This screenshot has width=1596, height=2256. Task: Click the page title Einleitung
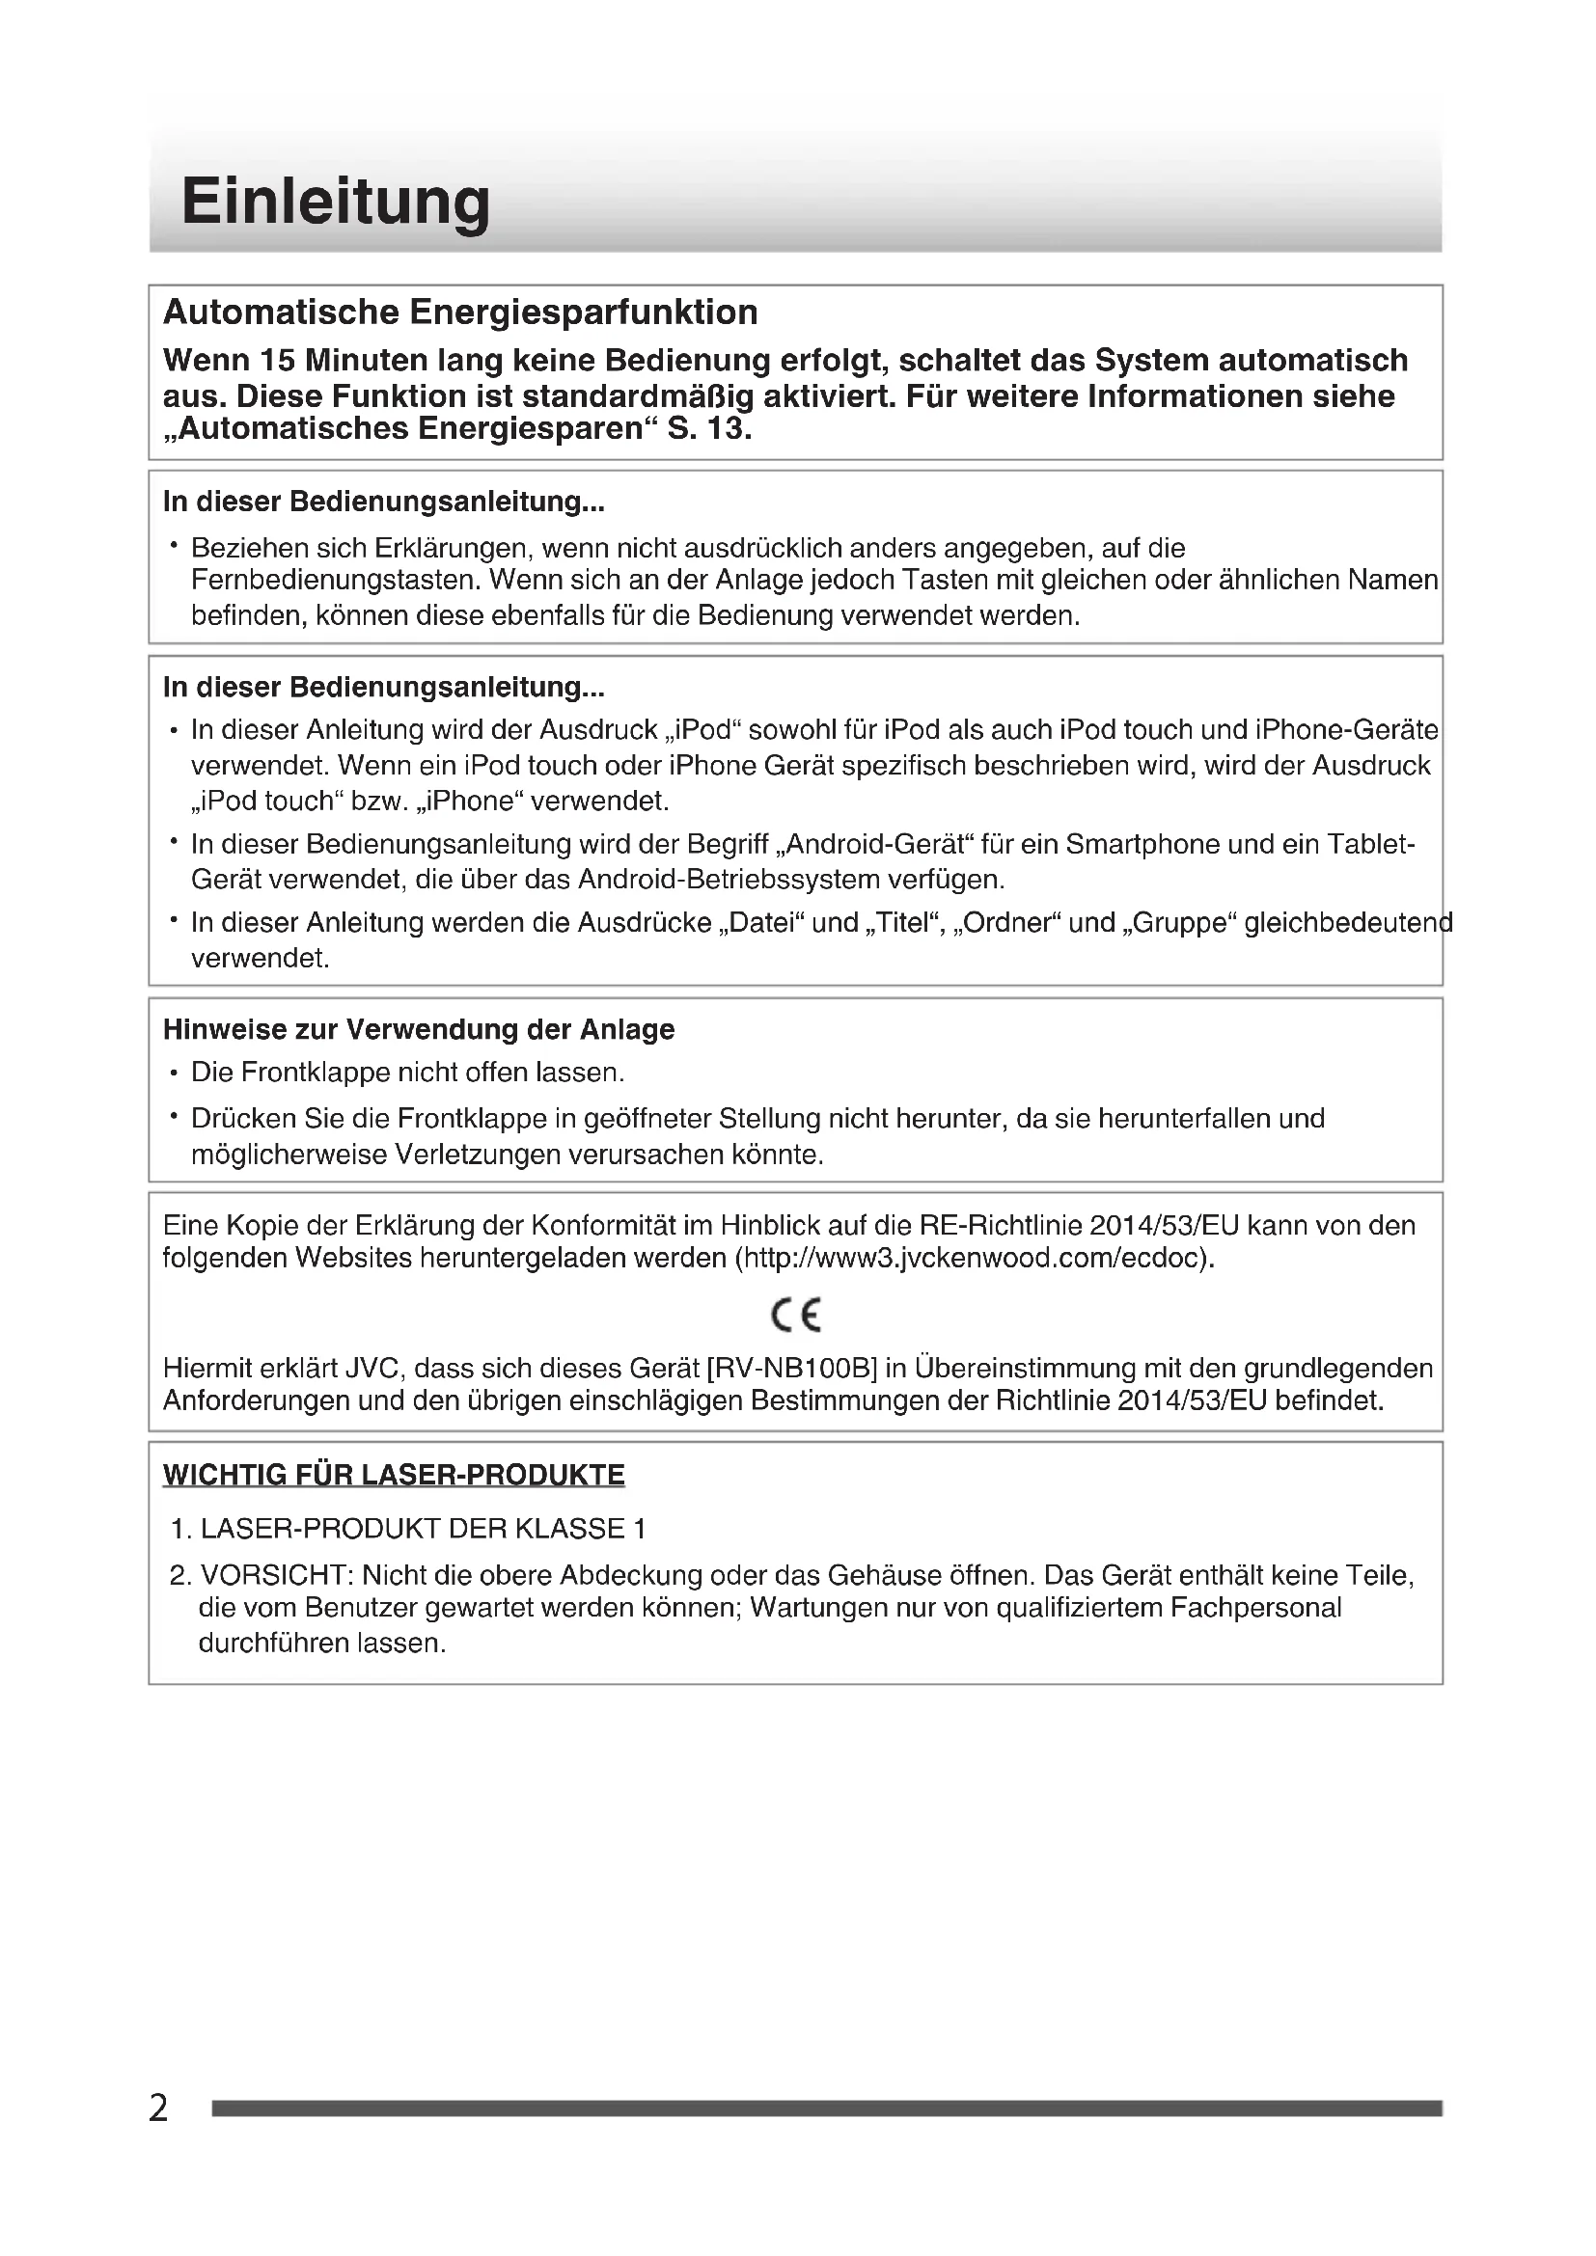(x=335, y=202)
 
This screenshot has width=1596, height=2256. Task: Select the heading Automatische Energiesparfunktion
(x=460, y=313)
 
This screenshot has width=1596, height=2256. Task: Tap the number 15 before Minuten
(x=278, y=361)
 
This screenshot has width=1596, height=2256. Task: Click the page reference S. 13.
(x=708, y=429)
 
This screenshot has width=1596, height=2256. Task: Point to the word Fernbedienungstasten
(x=335, y=581)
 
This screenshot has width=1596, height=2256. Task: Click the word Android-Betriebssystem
(x=729, y=879)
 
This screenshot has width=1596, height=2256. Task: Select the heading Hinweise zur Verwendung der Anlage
(x=419, y=1030)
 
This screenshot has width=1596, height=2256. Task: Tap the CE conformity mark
(x=796, y=1315)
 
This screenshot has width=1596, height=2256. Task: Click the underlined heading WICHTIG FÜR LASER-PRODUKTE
(x=393, y=1475)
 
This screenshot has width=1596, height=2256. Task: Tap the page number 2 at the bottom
(x=158, y=2108)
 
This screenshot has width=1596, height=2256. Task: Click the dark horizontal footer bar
(x=826, y=2108)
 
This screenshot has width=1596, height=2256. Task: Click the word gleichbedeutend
(x=1347, y=924)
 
